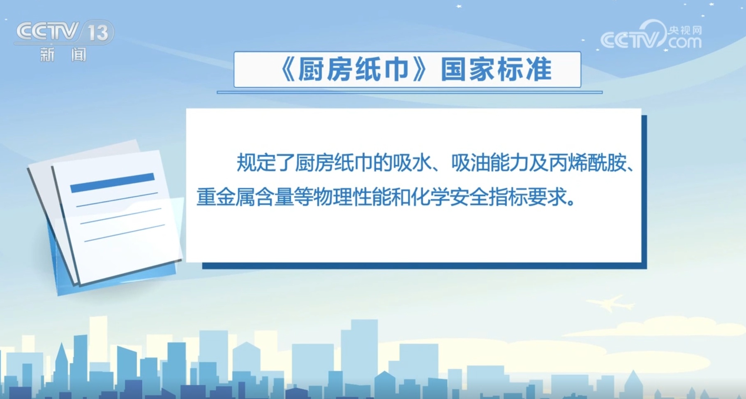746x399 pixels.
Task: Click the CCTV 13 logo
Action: (64, 32)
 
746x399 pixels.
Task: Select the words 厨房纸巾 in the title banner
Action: (353, 70)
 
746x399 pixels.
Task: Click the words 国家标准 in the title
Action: (496, 70)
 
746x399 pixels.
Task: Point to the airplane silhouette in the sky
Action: (611, 304)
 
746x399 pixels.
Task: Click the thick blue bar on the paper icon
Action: (112, 183)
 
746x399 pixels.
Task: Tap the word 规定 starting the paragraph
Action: (256, 162)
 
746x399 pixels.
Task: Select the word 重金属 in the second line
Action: (226, 197)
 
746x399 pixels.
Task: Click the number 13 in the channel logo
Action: (98, 33)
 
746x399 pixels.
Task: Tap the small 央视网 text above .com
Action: (684, 30)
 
